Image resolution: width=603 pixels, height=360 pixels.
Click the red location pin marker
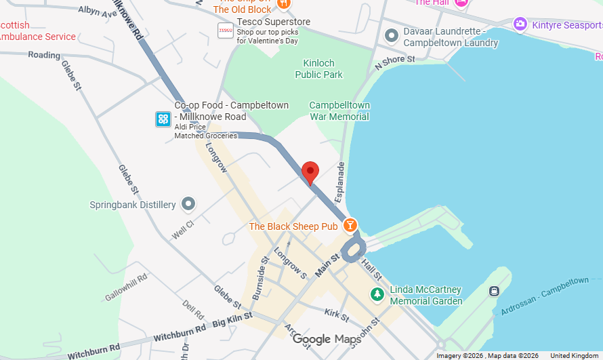[310, 172]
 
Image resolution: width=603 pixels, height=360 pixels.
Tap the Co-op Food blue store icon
[163, 119]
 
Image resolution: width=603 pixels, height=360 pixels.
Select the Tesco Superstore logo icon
[226, 31]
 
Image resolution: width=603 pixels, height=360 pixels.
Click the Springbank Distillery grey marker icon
[188, 204]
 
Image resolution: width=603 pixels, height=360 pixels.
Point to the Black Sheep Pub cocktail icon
[350, 225]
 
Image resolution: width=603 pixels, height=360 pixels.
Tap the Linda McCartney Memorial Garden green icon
[377, 294]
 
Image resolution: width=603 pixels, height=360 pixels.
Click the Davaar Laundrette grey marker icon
[391, 35]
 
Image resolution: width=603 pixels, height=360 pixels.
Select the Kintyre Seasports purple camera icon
[520, 24]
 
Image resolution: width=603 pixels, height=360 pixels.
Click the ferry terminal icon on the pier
[494, 291]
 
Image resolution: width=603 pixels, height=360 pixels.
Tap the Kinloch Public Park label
[318, 69]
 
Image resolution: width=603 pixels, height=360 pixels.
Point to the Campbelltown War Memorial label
[339, 111]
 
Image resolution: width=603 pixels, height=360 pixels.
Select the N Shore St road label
[395, 63]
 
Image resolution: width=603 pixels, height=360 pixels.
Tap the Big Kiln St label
[232, 317]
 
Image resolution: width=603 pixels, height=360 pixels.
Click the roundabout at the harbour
[352, 251]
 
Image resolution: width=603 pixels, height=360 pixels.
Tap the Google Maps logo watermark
[327, 339]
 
